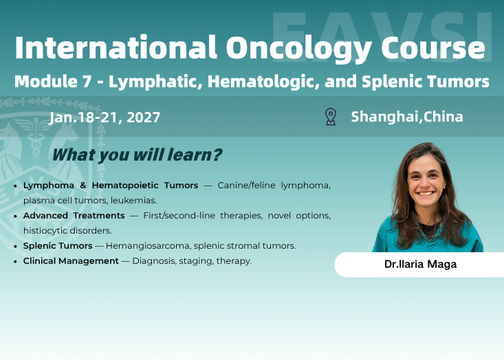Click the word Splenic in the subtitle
pos(392,82)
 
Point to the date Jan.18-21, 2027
pos(105,117)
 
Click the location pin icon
pos(331,117)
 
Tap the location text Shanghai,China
pos(407,117)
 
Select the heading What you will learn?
pos(137,155)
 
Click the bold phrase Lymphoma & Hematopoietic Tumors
pos(111,185)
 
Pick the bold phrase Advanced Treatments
pos(74,216)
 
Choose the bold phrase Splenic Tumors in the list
pos(58,246)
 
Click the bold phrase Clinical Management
pos(71,261)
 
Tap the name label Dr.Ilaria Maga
pos(419,265)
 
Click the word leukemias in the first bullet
pos(137,201)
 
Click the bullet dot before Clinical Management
pos(16,262)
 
